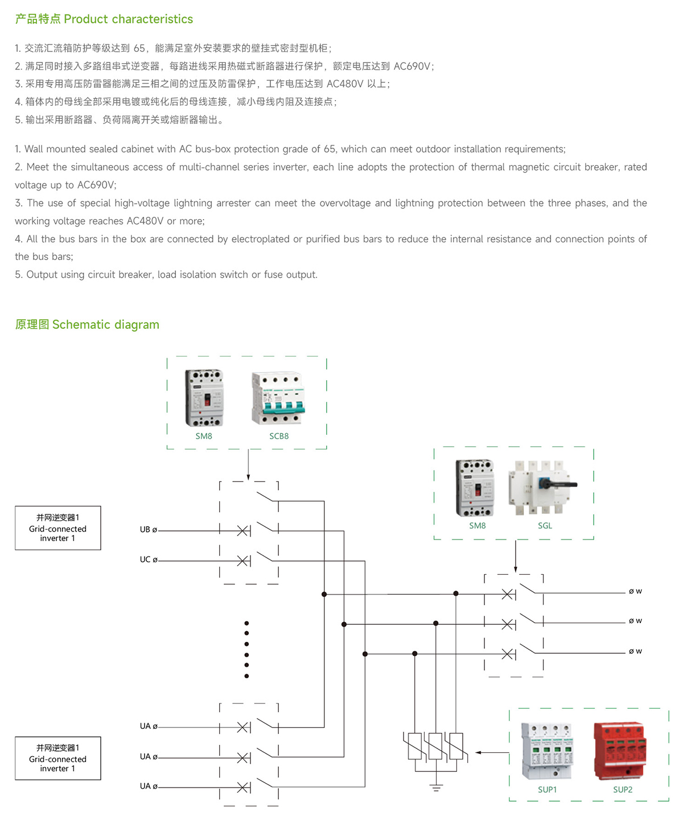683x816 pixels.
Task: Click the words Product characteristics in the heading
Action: coord(128,19)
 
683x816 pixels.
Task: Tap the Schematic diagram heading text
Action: coord(105,324)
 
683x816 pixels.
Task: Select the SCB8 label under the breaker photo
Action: coord(279,436)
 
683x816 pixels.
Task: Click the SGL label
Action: coord(545,526)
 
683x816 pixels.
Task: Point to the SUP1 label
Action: coord(547,789)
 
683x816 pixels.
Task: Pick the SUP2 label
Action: coord(623,789)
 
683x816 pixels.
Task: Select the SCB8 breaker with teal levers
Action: coord(278,399)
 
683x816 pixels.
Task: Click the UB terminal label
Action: coord(146,530)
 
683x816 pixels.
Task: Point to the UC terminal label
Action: coord(146,559)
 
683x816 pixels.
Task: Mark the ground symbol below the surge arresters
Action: coord(436,788)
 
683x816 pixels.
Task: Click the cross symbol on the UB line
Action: coord(242,531)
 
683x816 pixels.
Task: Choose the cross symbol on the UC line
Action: coord(242,561)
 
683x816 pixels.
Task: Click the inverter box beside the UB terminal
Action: coord(58,528)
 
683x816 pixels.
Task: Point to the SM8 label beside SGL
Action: coord(477,526)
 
